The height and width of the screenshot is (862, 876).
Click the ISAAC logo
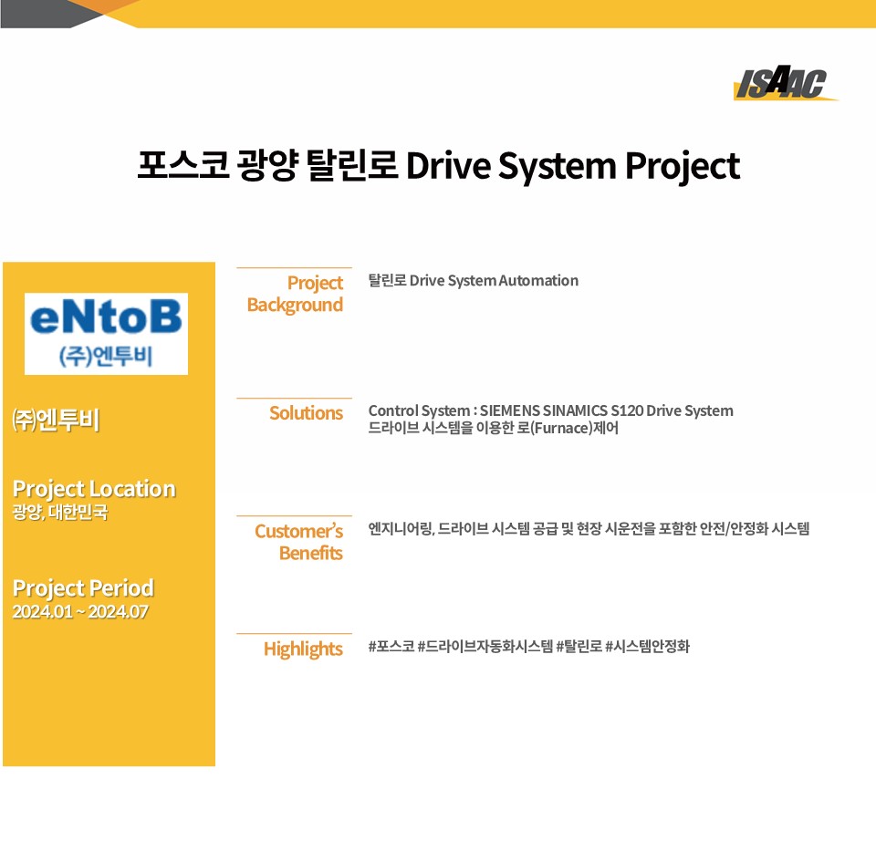coord(785,83)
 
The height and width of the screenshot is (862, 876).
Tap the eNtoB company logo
coord(106,333)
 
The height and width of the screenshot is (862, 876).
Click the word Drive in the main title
coord(448,165)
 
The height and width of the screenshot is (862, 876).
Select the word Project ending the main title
coord(683,166)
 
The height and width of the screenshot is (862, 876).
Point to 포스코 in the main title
coord(183,165)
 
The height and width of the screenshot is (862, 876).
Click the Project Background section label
coord(295,294)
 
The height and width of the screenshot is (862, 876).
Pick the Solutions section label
coord(307,412)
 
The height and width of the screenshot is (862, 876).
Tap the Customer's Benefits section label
coord(299,542)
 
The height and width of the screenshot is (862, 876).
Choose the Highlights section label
coord(303,649)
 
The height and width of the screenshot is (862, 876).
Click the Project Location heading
coord(94,489)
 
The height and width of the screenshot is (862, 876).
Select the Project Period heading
coord(83,587)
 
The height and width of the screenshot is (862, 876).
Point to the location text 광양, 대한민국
coord(60,512)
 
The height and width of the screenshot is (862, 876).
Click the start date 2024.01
coord(43,612)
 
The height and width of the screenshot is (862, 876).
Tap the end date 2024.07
coord(119,612)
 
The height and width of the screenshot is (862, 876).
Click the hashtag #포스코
coord(391,647)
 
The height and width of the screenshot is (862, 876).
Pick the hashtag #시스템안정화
coord(648,647)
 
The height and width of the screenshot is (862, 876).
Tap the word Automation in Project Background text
coord(538,280)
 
